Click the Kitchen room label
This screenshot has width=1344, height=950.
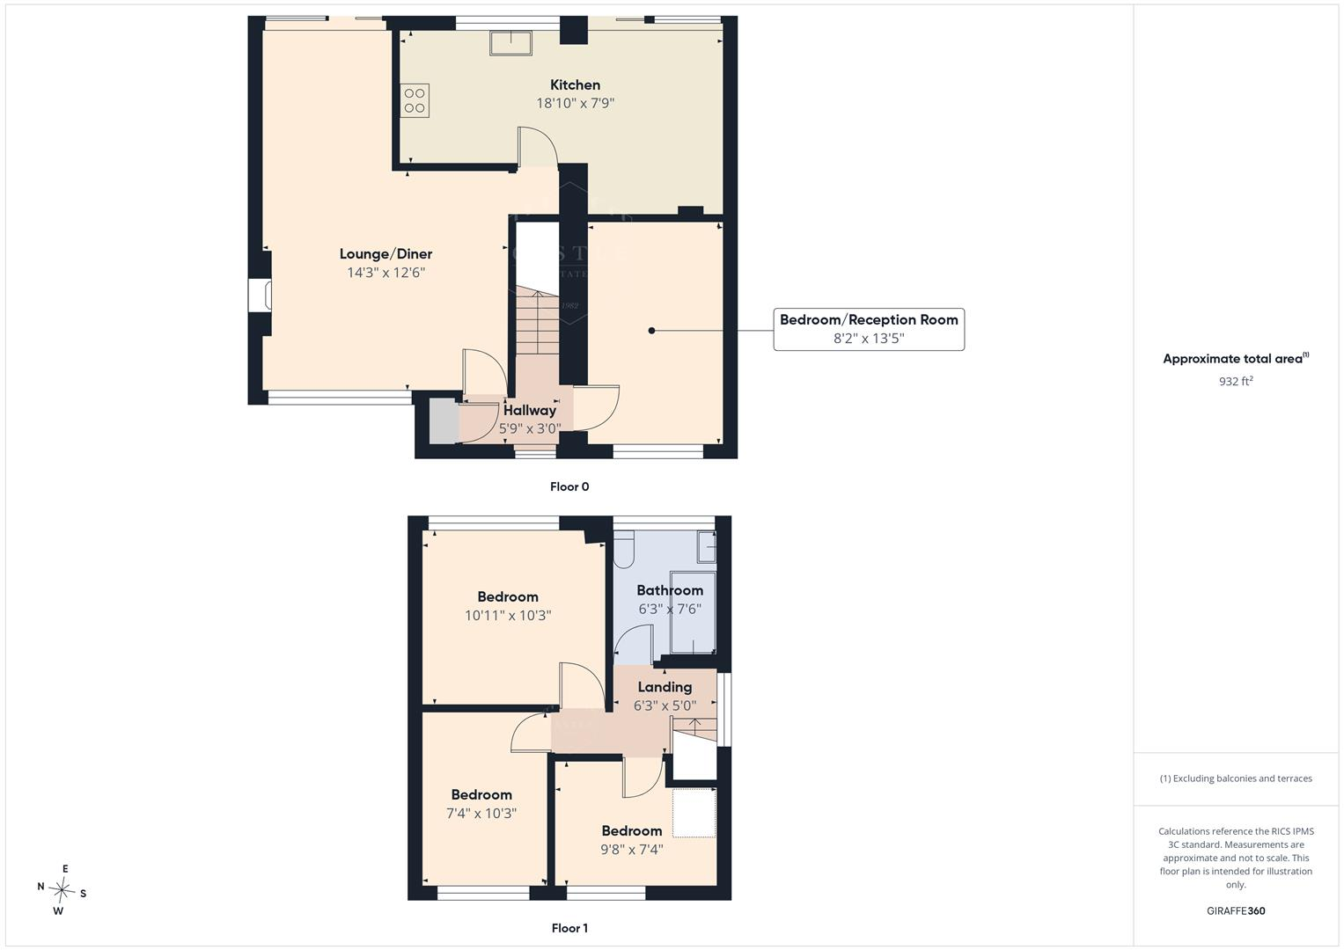pos(575,85)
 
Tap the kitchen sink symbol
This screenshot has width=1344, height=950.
pos(510,43)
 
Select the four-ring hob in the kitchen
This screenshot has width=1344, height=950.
pos(415,101)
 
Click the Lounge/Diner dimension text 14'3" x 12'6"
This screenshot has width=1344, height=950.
pos(386,273)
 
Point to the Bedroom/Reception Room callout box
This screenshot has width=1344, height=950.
pos(869,329)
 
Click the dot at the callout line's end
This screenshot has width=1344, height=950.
pos(651,331)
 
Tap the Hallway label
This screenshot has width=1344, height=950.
pos(529,411)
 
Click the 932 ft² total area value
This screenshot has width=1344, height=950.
pos(1236,382)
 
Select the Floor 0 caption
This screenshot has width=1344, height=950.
pos(569,487)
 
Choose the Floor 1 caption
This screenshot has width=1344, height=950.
pos(569,928)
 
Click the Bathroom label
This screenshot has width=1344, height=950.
pos(670,591)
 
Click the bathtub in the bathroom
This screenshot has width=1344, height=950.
pos(693,612)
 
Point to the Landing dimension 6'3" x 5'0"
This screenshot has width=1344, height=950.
pos(665,705)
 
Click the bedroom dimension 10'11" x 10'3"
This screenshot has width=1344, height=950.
pos(508,616)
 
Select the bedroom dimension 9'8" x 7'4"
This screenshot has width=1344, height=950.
pos(631,849)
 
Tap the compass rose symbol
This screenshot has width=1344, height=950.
pos(62,890)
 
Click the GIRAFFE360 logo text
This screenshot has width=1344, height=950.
pos(1236,911)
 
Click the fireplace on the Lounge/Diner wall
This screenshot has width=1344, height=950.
pos(261,295)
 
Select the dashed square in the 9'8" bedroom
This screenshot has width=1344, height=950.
pos(694,813)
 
